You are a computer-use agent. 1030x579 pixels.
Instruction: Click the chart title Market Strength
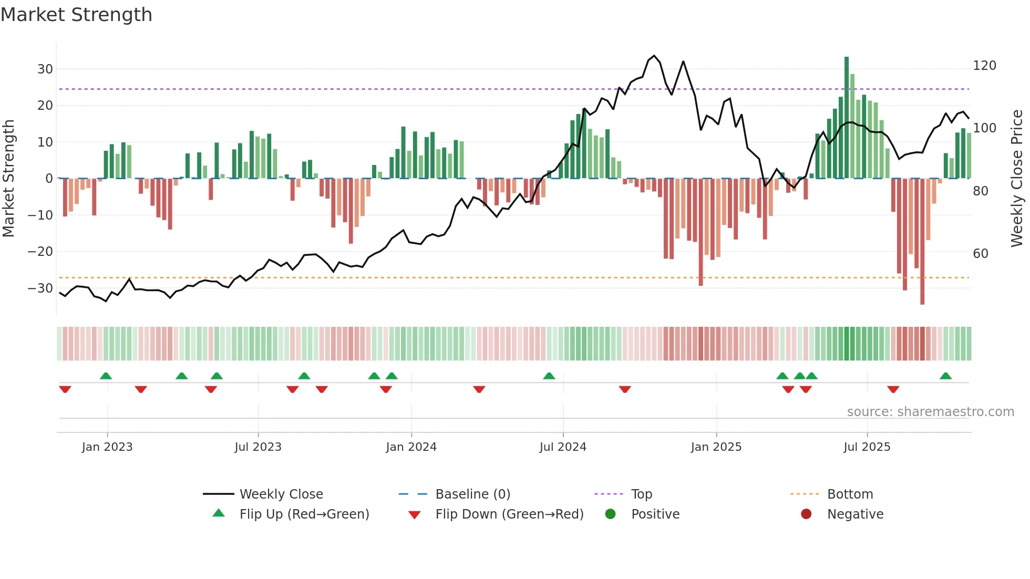click(x=76, y=15)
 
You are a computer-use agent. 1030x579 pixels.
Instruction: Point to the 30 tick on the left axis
click(x=45, y=69)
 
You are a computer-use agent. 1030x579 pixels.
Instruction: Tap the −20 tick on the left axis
click(x=40, y=251)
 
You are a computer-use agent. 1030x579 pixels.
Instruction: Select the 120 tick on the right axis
click(x=984, y=66)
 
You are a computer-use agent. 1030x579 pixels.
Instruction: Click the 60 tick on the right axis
click(x=981, y=254)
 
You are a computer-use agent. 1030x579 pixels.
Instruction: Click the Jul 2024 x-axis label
click(x=563, y=447)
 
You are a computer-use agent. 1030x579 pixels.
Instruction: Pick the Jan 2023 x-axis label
click(x=107, y=447)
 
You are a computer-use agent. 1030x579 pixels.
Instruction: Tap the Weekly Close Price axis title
click(x=1017, y=179)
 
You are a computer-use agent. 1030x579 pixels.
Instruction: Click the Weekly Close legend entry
click(x=281, y=494)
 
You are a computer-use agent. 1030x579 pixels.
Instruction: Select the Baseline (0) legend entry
click(x=472, y=494)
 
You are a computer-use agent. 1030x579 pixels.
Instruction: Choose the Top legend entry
click(x=641, y=494)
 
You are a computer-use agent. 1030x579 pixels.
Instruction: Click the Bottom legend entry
click(x=850, y=494)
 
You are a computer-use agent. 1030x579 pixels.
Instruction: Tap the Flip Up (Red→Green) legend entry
click(x=304, y=514)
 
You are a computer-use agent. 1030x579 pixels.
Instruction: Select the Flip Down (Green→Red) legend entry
click(x=509, y=514)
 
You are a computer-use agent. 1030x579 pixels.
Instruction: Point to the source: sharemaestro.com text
click(x=930, y=412)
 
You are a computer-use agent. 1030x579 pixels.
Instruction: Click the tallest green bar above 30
click(x=847, y=116)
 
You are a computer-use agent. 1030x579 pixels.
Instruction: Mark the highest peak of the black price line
click(x=654, y=56)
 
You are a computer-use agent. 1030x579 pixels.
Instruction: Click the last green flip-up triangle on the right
click(x=945, y=376)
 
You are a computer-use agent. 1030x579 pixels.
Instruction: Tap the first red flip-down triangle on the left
click(x=65, y=389)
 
